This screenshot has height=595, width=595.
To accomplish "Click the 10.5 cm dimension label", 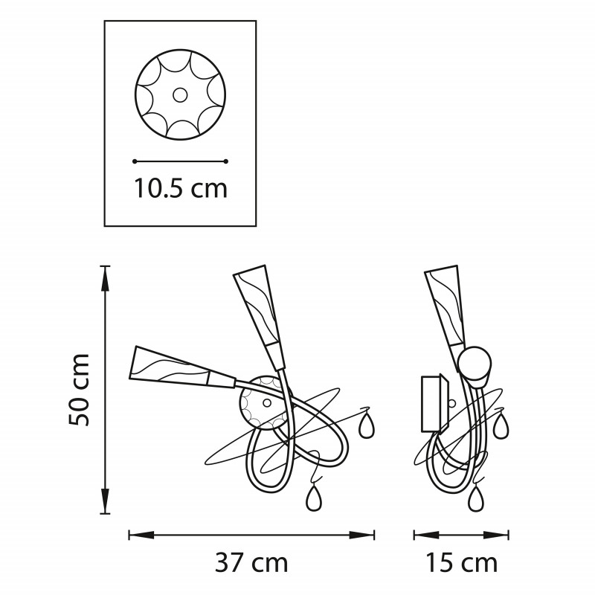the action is pyautogui.click(x=181, y=189).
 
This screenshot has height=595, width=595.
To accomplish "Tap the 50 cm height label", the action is pyautogui.click(x=80, y=390).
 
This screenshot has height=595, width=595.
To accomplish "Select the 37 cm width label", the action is pyautogui.click(x=251, y=563).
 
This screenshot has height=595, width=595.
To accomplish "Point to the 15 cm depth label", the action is pyautogui.click(x=461, y=563).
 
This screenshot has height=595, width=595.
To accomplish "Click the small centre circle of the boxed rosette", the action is pyautogui.click(x=180, y=95).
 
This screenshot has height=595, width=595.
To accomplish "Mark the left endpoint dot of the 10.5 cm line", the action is pyautogui.click(x=135, y=161).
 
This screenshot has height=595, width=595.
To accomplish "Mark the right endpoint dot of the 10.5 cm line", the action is pyautogui.click(x=226, y=161).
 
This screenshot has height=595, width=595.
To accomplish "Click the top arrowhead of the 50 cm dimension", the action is pyautogui.click(x=105, y=279).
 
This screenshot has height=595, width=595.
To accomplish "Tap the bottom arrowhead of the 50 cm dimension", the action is pyautogui.click(x=105, y=501).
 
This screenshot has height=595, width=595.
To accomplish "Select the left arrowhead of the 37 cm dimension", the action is pyautogui.click(x=141, y=535).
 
